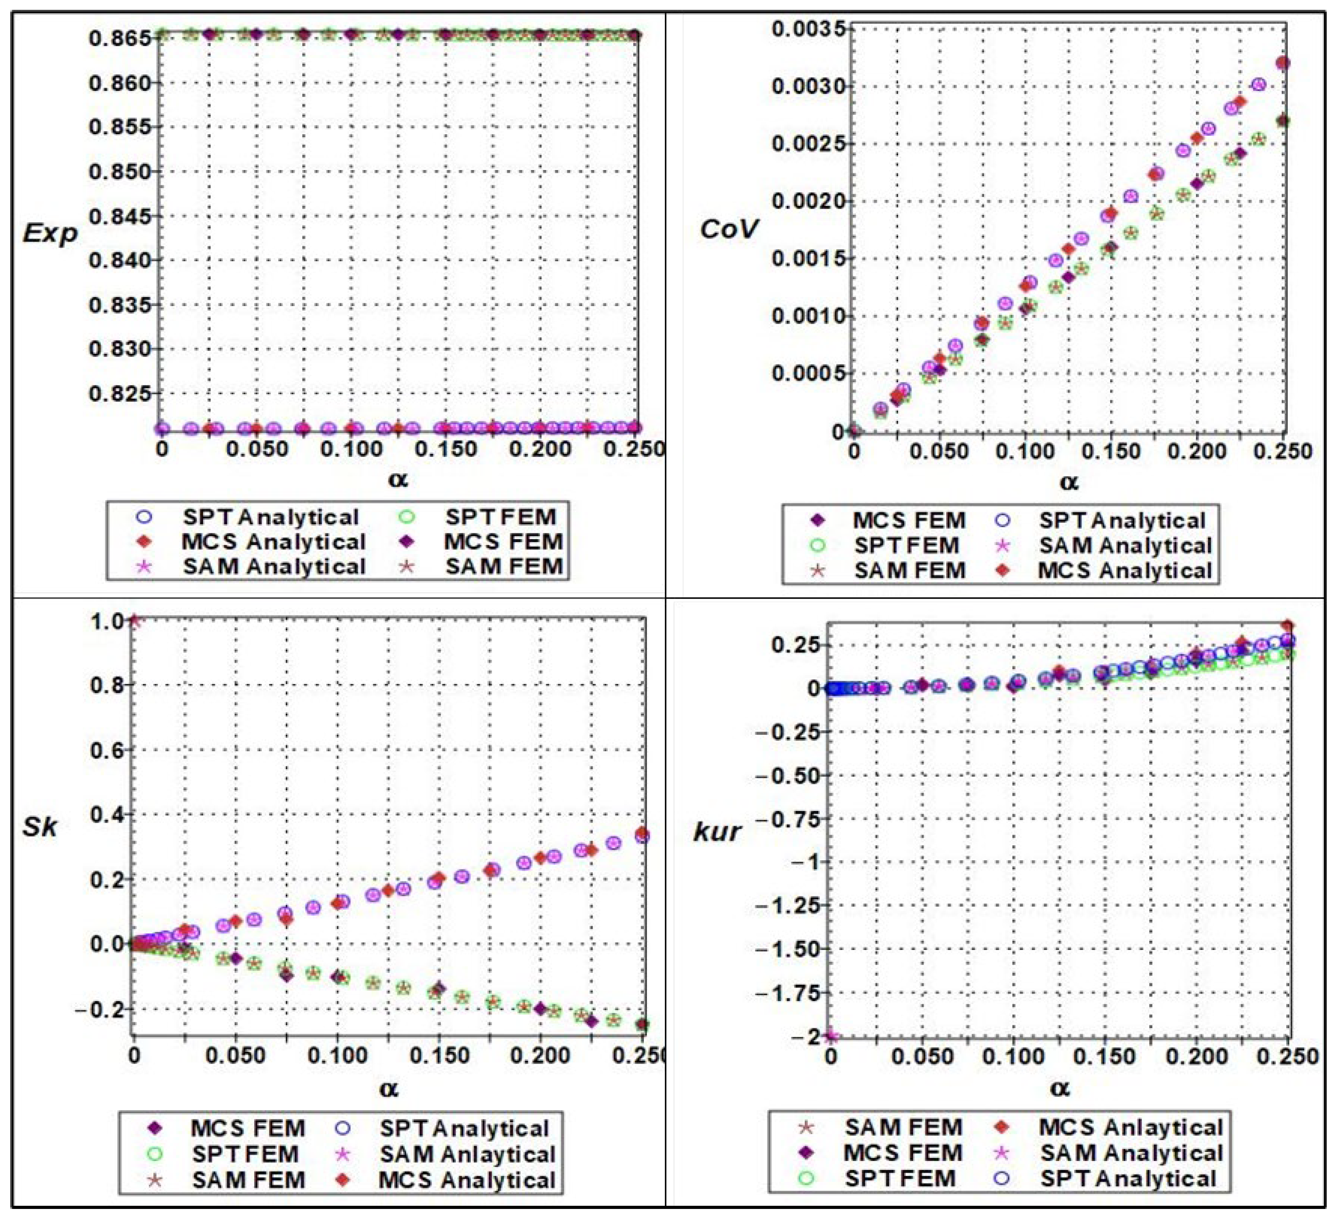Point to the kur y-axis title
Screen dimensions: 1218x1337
pyautogui.click(x=716, y=832)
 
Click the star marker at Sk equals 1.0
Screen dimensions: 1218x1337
pyautogui.click(x=135, y=621)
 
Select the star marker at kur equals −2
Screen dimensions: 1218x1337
pyautogui.click(x=832, y=1036)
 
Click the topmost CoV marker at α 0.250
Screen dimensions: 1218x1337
pyautogui.click(x=1283, y=63)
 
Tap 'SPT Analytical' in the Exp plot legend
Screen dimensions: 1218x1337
pyautogui.click(x=270, y=517)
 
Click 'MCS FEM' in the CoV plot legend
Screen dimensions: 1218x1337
pyautogui.click(x=908, y=521)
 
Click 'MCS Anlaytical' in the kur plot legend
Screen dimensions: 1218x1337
pyautogui.click(x=1130, y=1128)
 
